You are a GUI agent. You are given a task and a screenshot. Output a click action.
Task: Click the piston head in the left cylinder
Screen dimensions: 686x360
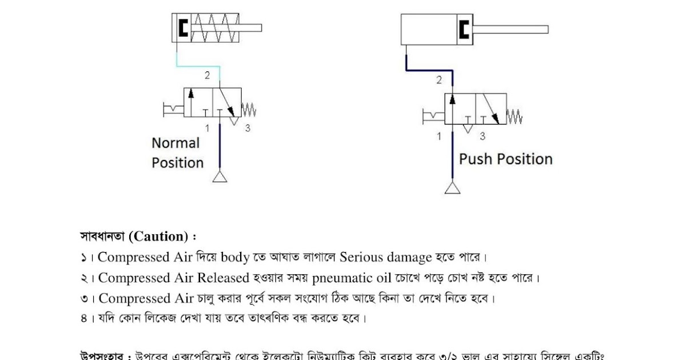(x=183, y=28)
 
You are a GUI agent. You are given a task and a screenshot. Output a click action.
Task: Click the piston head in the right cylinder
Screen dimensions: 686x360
(x=464, y=29)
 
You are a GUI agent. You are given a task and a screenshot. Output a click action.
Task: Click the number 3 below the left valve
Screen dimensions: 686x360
(x=247, y=128)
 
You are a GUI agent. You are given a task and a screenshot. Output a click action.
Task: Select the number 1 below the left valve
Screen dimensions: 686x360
(x=208, y=128)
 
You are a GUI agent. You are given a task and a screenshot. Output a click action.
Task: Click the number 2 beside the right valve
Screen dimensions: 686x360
(x=439, y=80)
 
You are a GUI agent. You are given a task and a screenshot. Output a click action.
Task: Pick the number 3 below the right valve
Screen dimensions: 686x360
(x=482, y=136)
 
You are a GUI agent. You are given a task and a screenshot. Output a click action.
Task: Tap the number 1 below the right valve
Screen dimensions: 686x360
(x=439, y=136)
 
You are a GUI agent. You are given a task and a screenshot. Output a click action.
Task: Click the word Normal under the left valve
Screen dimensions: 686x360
(x=176, y=143)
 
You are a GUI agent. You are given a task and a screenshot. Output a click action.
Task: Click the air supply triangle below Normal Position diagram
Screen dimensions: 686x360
(x=220, y=177)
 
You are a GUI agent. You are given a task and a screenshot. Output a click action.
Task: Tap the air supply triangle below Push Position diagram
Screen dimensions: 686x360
(x=452, y=187)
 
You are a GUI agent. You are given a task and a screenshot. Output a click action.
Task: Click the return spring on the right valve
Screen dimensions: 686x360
(x=514, y=117)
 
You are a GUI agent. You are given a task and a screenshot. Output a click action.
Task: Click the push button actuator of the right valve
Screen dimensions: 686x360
(x=434, y=117)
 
